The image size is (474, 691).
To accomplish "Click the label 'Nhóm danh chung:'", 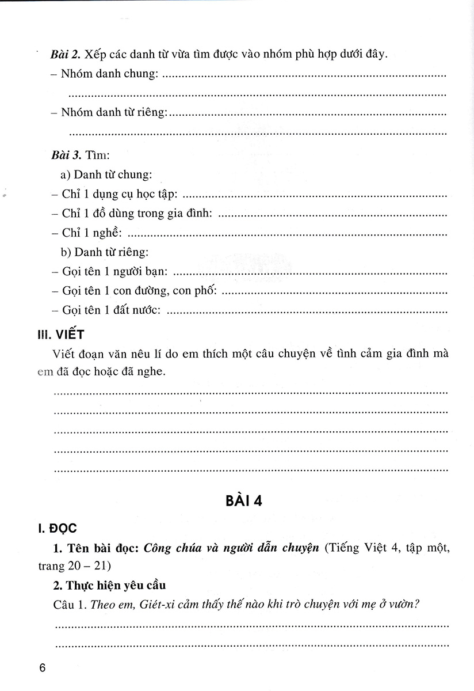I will pos(109,75).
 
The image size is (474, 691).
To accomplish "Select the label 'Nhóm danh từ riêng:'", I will pos(113,113).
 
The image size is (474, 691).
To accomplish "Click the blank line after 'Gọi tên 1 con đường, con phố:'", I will pos(334,292).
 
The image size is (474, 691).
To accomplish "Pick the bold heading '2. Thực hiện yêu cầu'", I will pos(116,586).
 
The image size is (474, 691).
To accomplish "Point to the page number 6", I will pos(42,669).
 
